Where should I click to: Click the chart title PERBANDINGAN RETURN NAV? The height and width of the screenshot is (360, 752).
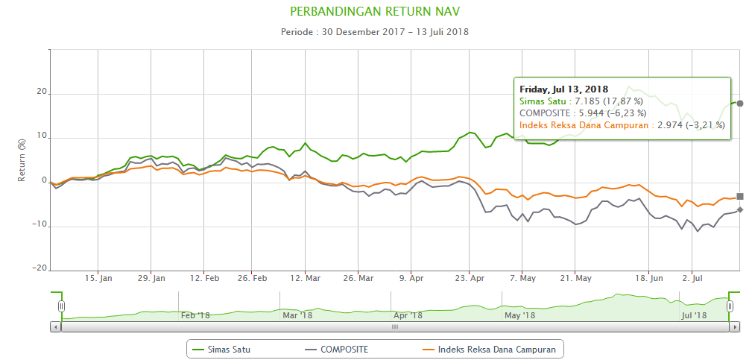(x=375, y=13)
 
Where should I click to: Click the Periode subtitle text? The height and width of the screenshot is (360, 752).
(x=375, y=32)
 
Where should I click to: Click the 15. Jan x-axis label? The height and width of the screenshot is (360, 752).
(x=98, y=279)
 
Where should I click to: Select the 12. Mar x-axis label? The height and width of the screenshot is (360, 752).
(x=306, y=279)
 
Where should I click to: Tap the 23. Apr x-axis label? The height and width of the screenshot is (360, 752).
(x=470, y=279)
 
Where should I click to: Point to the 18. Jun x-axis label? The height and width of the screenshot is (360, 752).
(x=649, y=279)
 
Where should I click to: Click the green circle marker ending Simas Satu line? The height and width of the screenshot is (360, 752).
(x=740, y=103)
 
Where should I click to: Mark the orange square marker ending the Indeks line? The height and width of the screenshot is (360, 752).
(x=740, y=197)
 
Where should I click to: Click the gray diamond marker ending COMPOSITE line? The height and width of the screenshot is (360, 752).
(x=740, y=210)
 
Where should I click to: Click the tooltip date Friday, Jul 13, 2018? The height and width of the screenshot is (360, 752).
(x=563, y=89)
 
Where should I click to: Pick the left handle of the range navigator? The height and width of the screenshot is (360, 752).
(x=62, y=306)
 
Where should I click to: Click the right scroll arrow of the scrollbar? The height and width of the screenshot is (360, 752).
(x=735, y=326)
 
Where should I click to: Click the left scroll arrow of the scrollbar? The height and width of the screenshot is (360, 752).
(x=55, y=326)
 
